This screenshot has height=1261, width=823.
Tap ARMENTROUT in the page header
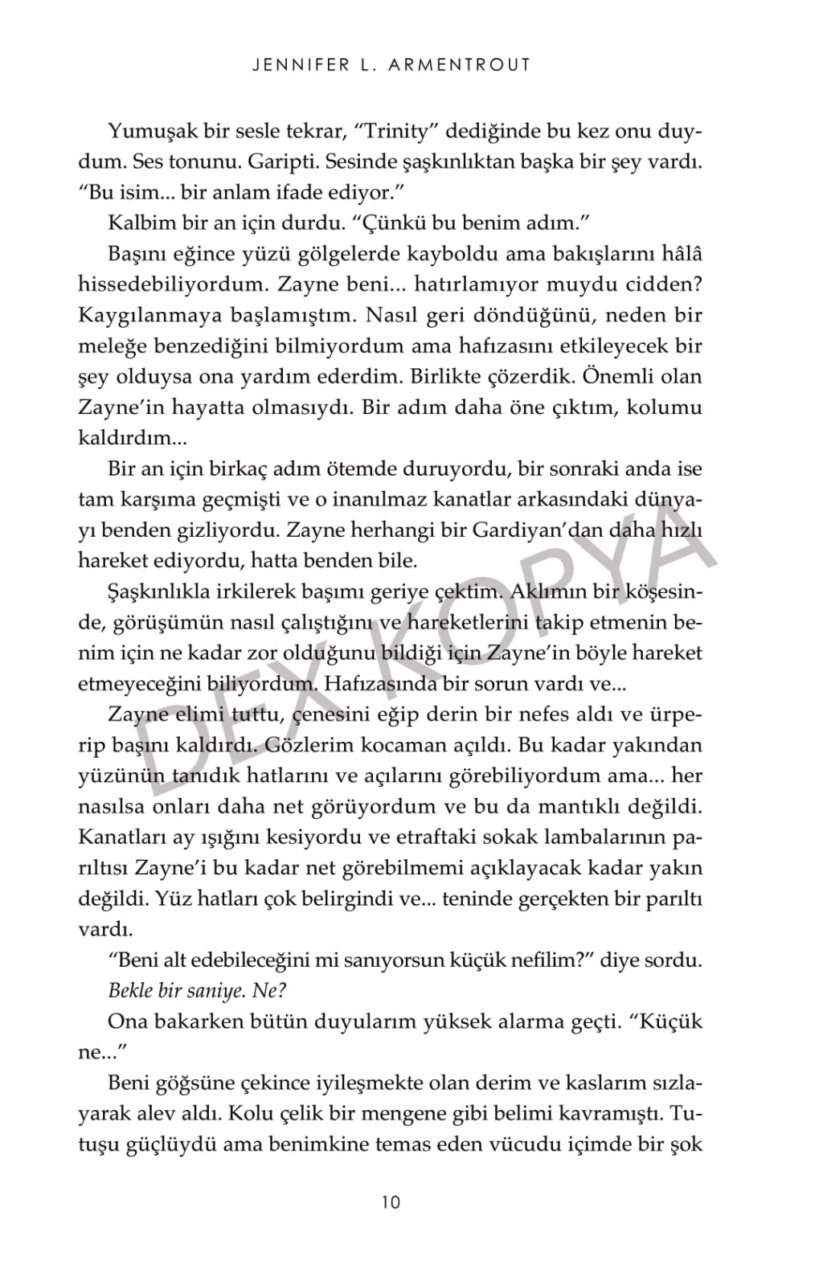point(459,66)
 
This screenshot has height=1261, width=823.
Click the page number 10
point(391,1202)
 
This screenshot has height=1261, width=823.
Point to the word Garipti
point(268,162)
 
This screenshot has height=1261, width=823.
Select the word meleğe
point(109,346)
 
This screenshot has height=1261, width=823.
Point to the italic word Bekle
point(130,991)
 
